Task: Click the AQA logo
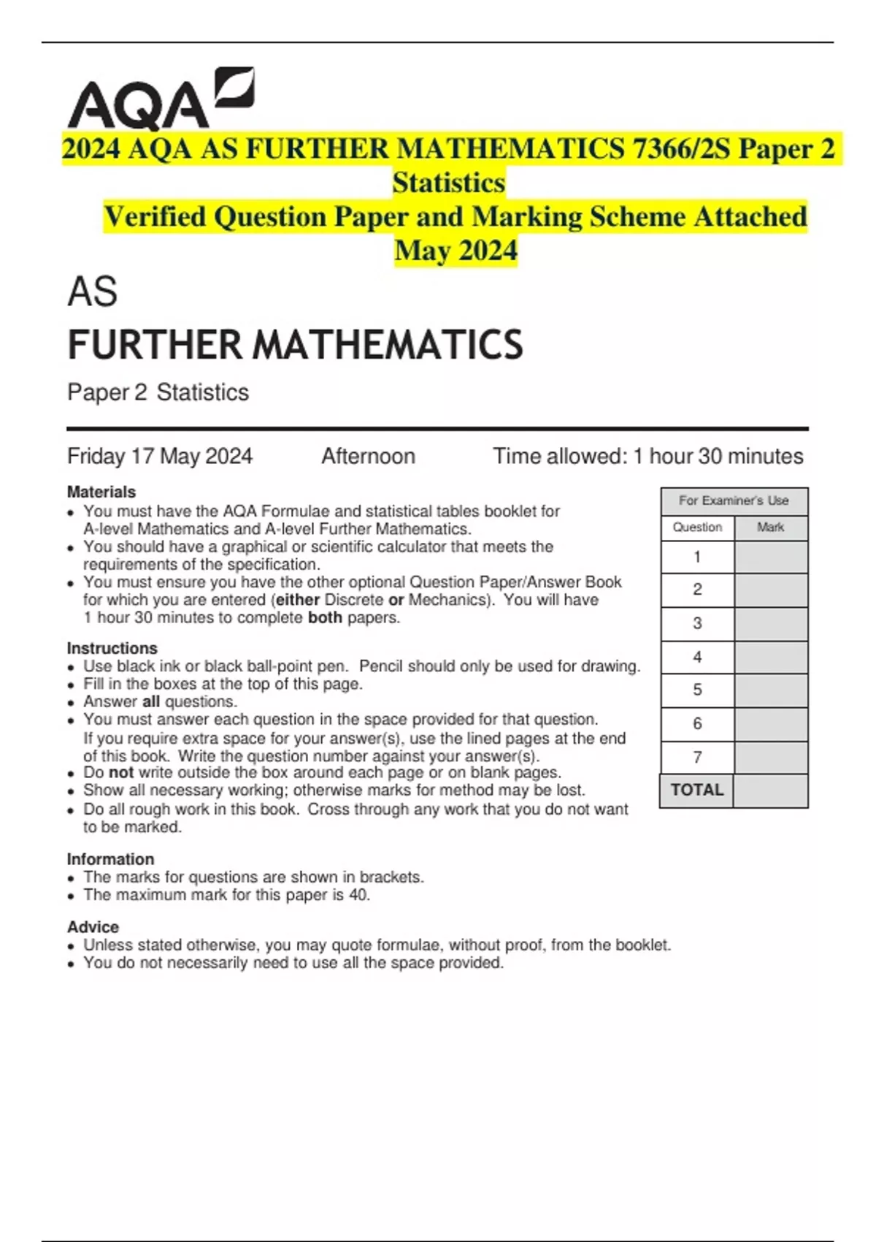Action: tap(161, 99)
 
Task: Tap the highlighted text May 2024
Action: tap(456, 251)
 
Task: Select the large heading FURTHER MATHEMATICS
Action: tap(295, 345)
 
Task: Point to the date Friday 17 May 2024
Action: tap(160, 457)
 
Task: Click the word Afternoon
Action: tap(368, 457)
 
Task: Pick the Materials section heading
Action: tap(101, 492)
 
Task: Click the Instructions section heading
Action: tap(112, 648)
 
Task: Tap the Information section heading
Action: tap(110, 859)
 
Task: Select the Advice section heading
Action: tap(93, 926)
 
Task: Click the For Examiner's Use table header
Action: tap(734, 500)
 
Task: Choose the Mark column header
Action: tap(770, 527)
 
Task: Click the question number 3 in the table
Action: tap(697, 623)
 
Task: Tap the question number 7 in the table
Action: tap(697, 758)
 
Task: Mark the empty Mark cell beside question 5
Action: tap(771, 690)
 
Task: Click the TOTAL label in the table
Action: tap(696, 790)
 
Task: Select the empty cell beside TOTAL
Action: tap(771, 790)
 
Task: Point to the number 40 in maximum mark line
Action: tap(358, 895)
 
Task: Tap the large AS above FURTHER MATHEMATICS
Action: tap(93, 292)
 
